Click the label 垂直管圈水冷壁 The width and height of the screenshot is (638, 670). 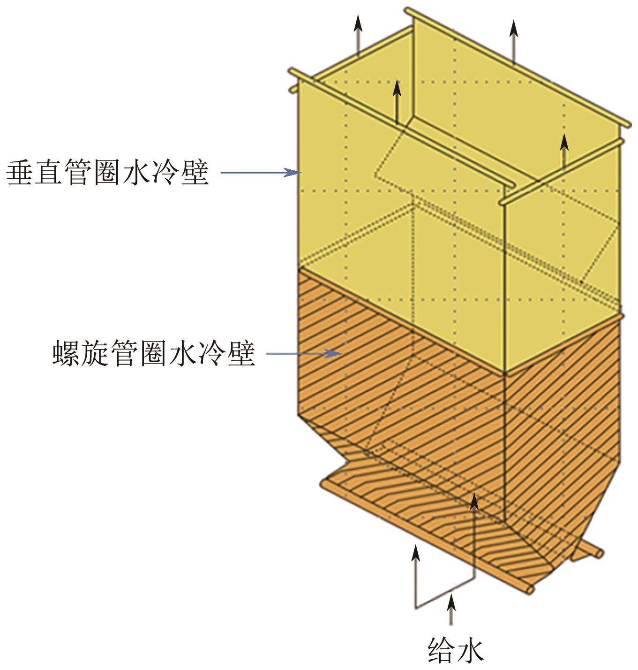tap(107, 172)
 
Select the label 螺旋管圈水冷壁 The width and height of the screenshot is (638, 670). tap(154, 353)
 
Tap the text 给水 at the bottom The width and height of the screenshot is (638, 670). tap(455, 650)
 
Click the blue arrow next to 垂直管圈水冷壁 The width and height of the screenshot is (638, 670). tap(261, 173)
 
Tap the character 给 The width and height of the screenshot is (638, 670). tap(441, 650)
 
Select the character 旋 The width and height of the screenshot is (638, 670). tap(96, 353)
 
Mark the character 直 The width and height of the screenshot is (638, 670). tap(50, 172)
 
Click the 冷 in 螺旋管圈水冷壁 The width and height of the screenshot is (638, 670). tap(212, 353)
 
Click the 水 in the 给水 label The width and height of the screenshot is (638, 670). tap(469, 650)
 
